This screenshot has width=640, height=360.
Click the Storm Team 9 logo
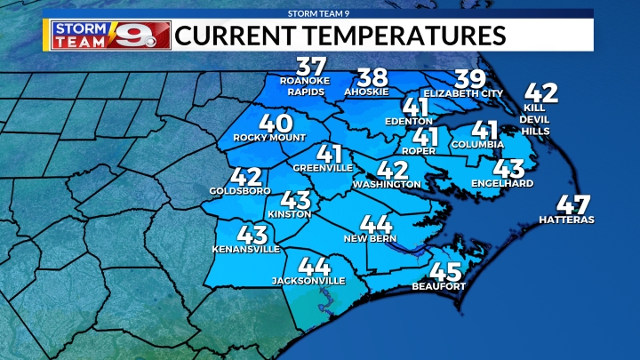pos(106,35)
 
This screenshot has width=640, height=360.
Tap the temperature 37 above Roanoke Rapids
pos(311,68)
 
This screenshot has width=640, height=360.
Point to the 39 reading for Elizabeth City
pos(469,78)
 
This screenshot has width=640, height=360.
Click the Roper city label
pos(419,151)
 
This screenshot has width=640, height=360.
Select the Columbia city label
pos(477,144)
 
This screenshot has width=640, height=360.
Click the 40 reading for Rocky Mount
pos(273,124)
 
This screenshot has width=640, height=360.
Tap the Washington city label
pos(386,184)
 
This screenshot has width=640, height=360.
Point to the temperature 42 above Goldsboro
pos(244,177)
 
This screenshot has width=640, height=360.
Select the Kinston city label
pos(289,214)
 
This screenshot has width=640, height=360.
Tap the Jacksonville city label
pos(308,280)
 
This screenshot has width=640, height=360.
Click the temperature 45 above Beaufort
pos(444,272)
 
